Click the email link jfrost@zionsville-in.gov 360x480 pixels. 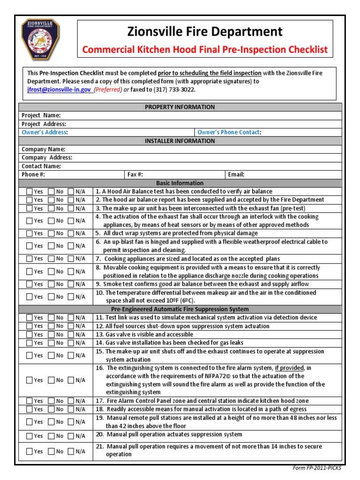coord(59,90)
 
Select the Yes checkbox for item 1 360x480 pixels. coord(30,192)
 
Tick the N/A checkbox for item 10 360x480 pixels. coord(71,297)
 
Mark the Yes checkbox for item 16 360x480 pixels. coord(30,380)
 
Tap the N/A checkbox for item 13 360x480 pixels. coord(71,335)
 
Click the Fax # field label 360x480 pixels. coord(135,174)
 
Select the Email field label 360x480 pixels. coord(236,174)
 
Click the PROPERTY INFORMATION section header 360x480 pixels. coord(180,107)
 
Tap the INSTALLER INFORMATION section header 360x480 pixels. coord(180,141)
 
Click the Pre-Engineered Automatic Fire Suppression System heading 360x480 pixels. coord(180,309)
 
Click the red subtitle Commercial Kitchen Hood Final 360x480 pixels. coord(205,50)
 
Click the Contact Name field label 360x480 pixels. coord(41,166)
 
